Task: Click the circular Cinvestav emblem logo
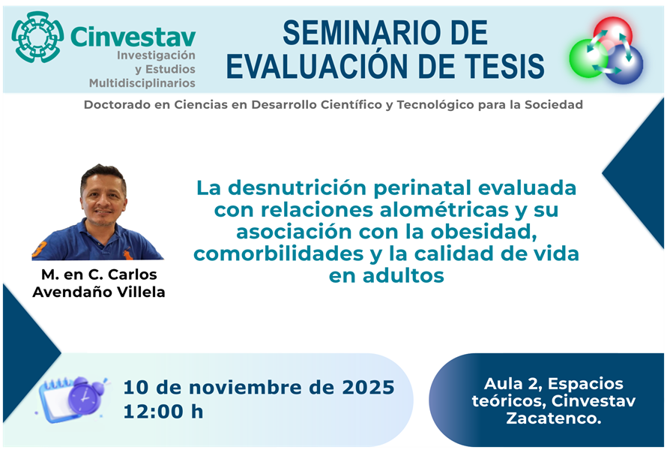tap(37, 37)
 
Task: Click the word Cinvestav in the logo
tap(133, 37)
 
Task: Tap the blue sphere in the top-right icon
tap(625, 64)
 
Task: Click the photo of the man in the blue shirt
tap(100, 213)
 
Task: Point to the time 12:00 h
tap(163, 411)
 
